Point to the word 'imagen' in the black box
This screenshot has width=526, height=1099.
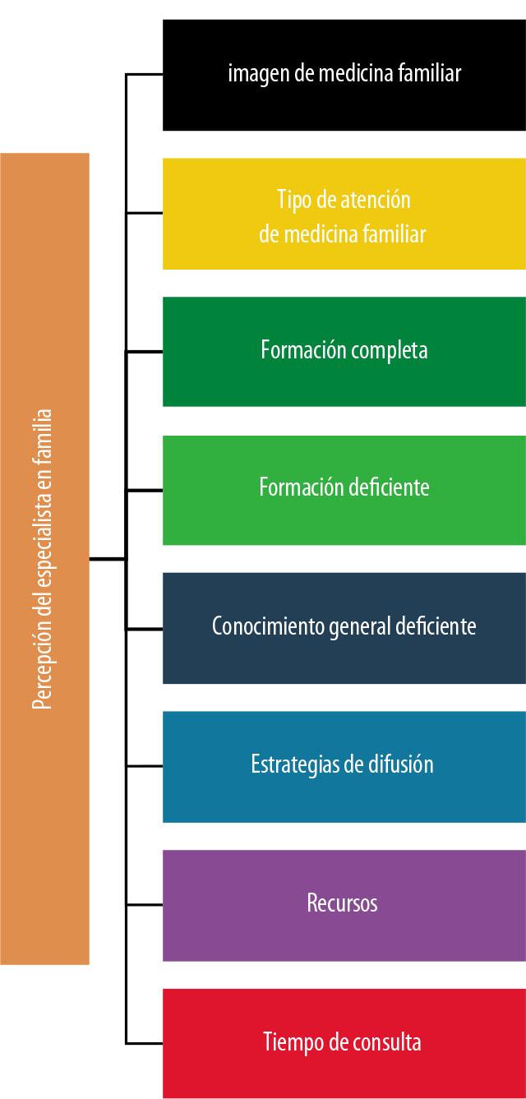254,74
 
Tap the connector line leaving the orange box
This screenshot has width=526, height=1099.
107,559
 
